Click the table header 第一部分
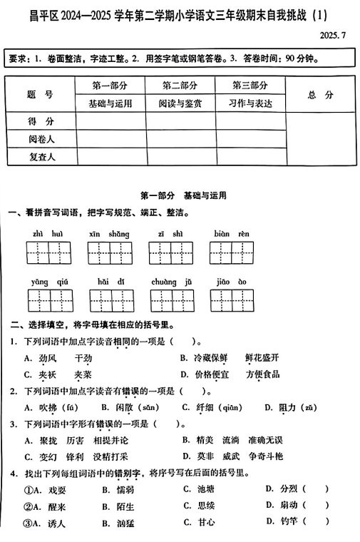tap(110, 86)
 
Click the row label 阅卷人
tap(41, 138)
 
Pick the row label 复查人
tap(41, 155)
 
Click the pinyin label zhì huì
tap(48, 234)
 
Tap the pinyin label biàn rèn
tap(232, 234)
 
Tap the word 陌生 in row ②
tap(121, 506)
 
